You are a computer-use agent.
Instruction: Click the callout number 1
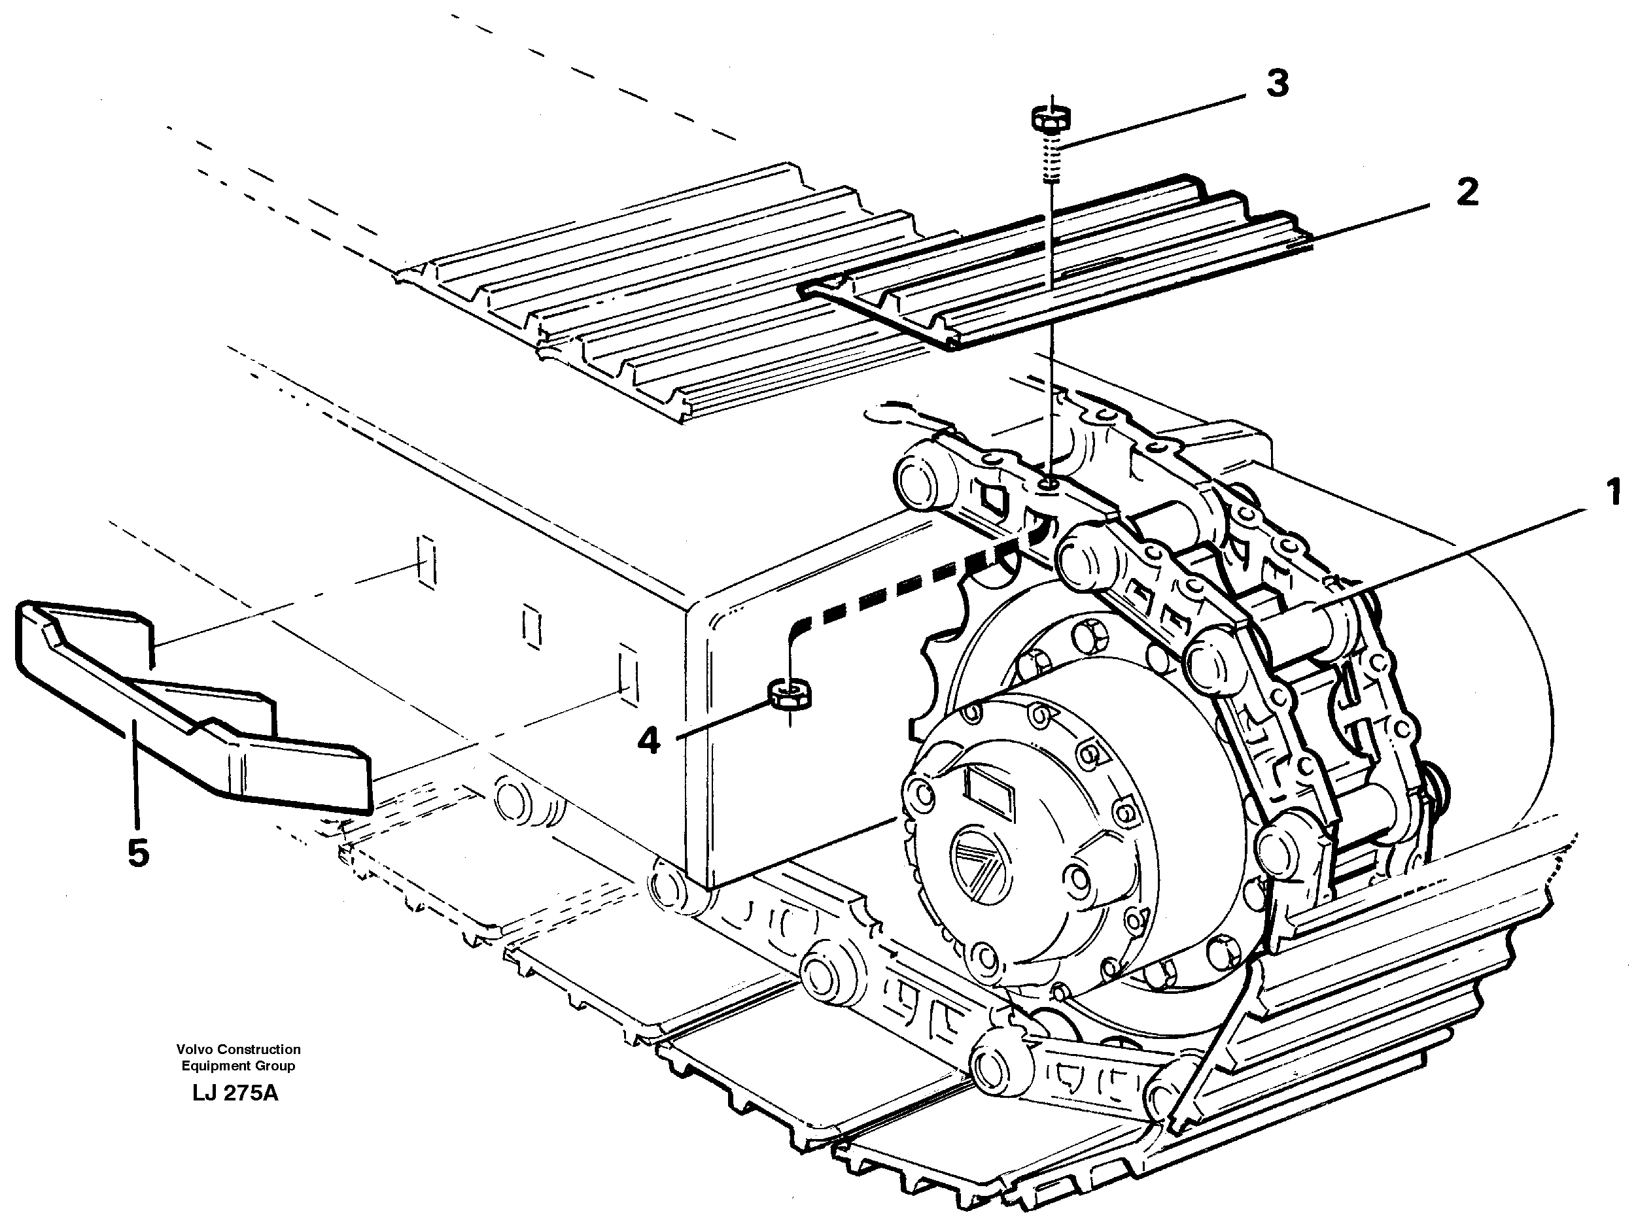(1613, 492)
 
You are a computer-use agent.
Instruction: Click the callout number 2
(1467, 192)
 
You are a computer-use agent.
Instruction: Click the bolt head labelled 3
(1051, 118)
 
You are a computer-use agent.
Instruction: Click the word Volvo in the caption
(194, 1049)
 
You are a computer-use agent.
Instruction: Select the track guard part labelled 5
(185, 710)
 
